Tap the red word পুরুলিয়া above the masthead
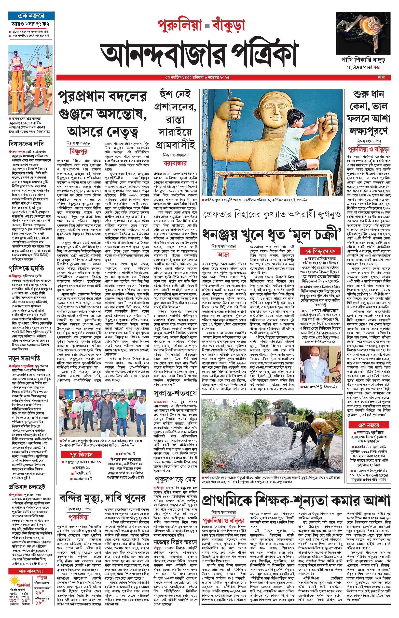point(179,25)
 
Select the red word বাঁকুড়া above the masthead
point(228,25)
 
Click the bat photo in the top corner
point(363,33)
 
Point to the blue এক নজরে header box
point(31,16)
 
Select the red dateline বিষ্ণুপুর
point(79,151)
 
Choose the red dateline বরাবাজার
point(175,163)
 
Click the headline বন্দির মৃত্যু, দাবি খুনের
point(102,498)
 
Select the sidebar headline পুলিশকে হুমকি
point(26,268)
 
